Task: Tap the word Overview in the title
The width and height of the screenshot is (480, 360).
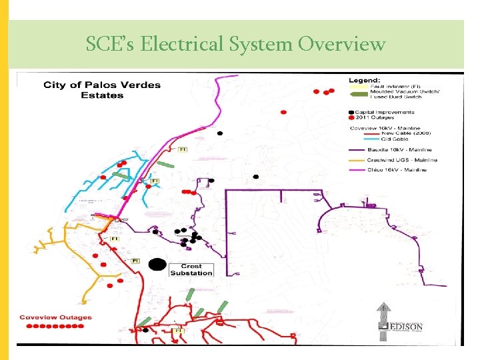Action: pyautogui.click(x=342, y=45)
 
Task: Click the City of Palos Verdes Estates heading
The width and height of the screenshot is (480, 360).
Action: pyautogui.click(x=102, y=90)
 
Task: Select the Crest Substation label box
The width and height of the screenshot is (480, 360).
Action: pyautogui.click(x=191, y=269)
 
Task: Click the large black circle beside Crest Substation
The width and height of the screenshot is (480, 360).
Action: pyautogui.click(x=157, y=265)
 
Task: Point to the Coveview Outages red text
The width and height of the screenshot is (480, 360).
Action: pyautogui.click(x=56, y=317)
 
